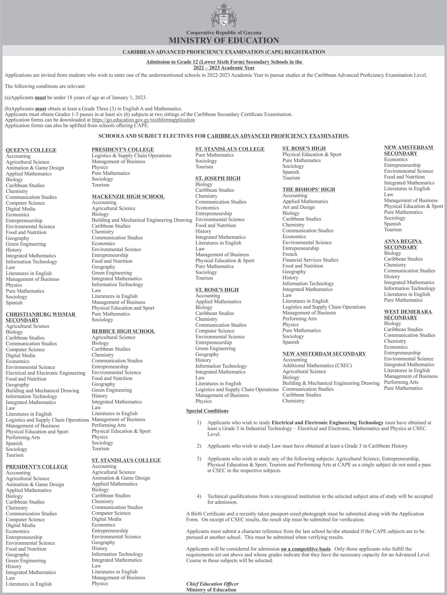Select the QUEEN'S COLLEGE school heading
pos(31,150)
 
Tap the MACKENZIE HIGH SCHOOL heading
pos(128,197)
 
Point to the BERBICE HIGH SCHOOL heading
pos(123,331)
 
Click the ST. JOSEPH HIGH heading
pos(218,178)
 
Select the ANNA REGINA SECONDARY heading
pos(403,244)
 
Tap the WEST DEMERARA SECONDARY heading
pos(408,315)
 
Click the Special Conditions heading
pos(207,411)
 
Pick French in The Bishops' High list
pos(290,254)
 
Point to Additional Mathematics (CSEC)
pos(317,366)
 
